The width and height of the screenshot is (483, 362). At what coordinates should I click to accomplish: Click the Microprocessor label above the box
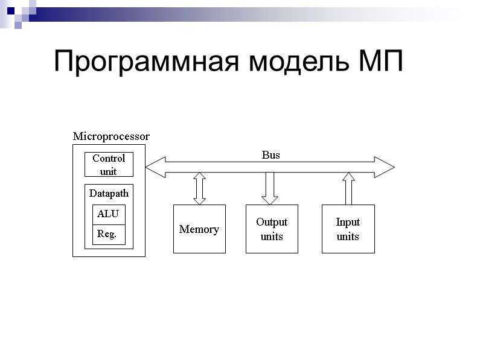[111, 136]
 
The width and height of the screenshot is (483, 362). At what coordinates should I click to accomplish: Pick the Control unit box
[109, 164]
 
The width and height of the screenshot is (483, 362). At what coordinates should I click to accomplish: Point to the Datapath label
[109, 194]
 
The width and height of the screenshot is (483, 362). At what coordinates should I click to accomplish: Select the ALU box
[109, 214]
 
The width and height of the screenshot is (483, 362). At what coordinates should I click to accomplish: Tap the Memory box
[199, 229]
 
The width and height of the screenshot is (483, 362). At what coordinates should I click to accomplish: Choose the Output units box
[272, 229]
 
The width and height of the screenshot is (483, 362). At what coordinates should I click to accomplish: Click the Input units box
[348, 229]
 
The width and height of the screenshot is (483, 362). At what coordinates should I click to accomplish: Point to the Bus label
[270, 155]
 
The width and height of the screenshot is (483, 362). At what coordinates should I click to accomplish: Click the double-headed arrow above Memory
[199, 188]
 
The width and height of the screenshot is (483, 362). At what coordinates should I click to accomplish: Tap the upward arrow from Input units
[348, 188]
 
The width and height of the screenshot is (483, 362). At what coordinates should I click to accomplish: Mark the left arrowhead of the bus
[155, 167]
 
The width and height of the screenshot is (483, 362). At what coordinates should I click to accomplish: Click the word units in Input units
[348, 237]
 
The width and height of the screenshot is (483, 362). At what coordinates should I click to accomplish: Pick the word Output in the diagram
[272, 222]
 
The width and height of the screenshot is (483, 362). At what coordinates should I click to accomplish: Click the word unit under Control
[109, 171]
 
